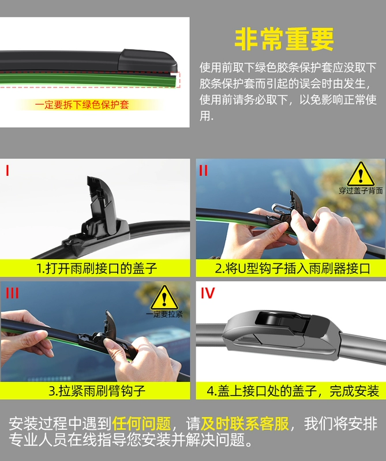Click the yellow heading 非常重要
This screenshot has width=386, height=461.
(x=284, y=39)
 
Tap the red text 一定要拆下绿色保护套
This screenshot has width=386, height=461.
(x=82, y=105)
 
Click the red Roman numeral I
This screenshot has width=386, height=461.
(x=8, y=170)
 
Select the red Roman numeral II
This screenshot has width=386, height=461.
(x=204, y=170)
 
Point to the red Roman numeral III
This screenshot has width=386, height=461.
(x=12, y=293)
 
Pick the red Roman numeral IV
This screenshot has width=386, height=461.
(x=208, y=293)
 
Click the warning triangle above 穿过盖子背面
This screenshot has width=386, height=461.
(x=361, y=174)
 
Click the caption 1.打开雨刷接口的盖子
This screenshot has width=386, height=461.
(x=96, y=269)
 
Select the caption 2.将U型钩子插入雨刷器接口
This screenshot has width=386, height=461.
(x=293, y=269)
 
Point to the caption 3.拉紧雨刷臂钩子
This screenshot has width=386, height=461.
(x=97, y=391)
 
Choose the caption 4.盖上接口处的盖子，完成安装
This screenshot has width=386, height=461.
(x=293, y=391)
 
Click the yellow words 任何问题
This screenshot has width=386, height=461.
(x=141, y=424)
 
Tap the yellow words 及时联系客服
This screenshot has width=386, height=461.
(x=245, y=424)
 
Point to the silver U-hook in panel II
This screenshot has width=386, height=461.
(x=280, y=208)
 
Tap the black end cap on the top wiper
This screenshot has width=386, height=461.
(x=147, y=61)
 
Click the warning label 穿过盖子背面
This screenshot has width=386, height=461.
(x=361, y=191)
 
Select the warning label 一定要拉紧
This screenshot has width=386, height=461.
(x=164, y=314)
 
